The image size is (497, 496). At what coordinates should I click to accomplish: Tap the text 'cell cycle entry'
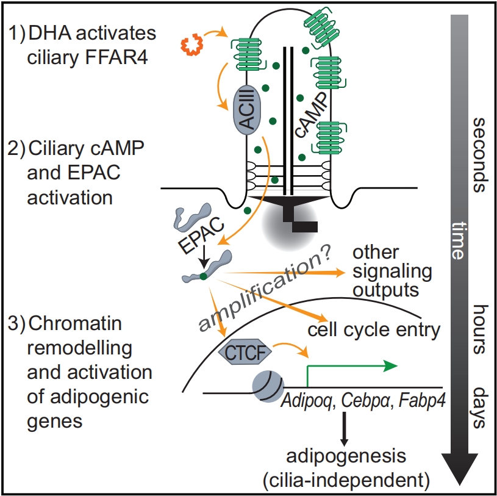pyautogui.click(x=374, y=331)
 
